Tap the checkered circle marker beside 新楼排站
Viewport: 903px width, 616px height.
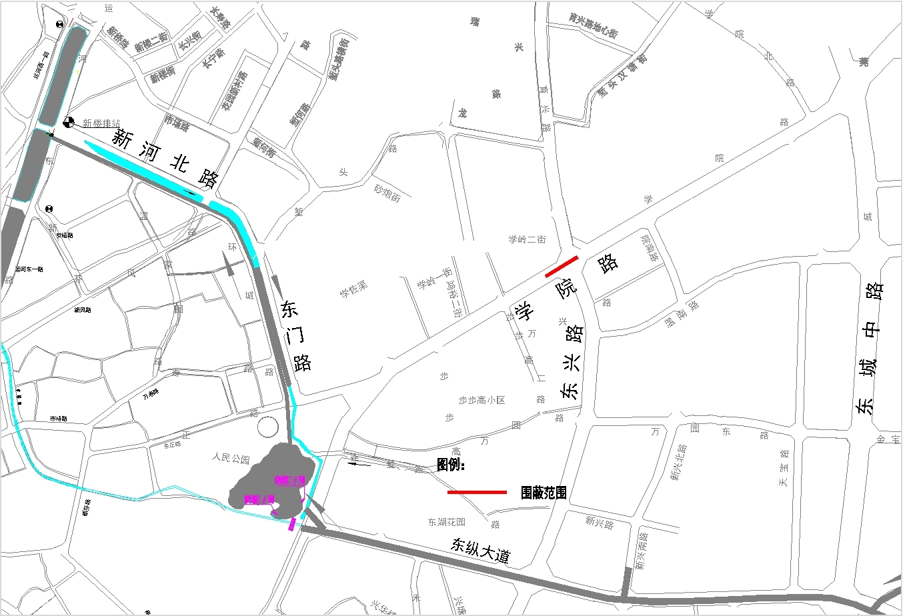pyautogui.click(x=68, y=121)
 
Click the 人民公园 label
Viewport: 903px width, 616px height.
pyautogui.click(x=231, y=459)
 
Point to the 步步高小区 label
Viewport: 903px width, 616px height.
pyautogui.click(x=482, y=400)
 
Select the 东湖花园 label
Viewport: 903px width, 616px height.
pyautogui.click(x=446, y=522)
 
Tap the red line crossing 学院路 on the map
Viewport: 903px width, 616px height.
pyautogui.click(x=562, y=266)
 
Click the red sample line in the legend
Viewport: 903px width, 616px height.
pyautogui.click(x=477, y=493)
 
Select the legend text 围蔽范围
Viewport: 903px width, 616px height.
pyautogui.click(x=544, y=493)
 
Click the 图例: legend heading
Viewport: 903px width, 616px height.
pyautogui.click(x=450, y=465)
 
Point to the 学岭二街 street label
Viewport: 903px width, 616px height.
pyautogui.click(x=527, y=239)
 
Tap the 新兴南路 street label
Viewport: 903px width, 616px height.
pyautogui.click(x=640, y=551)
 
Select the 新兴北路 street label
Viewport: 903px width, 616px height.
pyautogui.click(x=678, y=462)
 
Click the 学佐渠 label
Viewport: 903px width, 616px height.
pyautogui.click(x=353, y=289)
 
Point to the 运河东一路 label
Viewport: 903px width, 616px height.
pyautogui.click(x=29, y=269)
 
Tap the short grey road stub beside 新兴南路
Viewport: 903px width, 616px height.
pyautogui.click(x=626, y=583)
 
